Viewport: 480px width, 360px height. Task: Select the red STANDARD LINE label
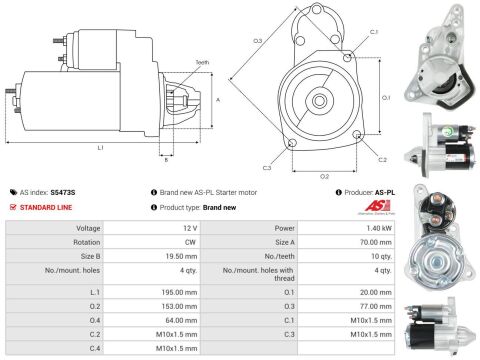click(x=48, y=207)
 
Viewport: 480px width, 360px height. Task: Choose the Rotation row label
click(x=87, y=242)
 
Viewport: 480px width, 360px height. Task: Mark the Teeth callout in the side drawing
click(x=174, y=63)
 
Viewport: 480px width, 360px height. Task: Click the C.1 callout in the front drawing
click(x=373, y=33)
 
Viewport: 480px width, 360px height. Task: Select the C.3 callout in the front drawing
click(x=267, y=166)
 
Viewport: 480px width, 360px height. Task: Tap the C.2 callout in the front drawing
click(x=382, y=159)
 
